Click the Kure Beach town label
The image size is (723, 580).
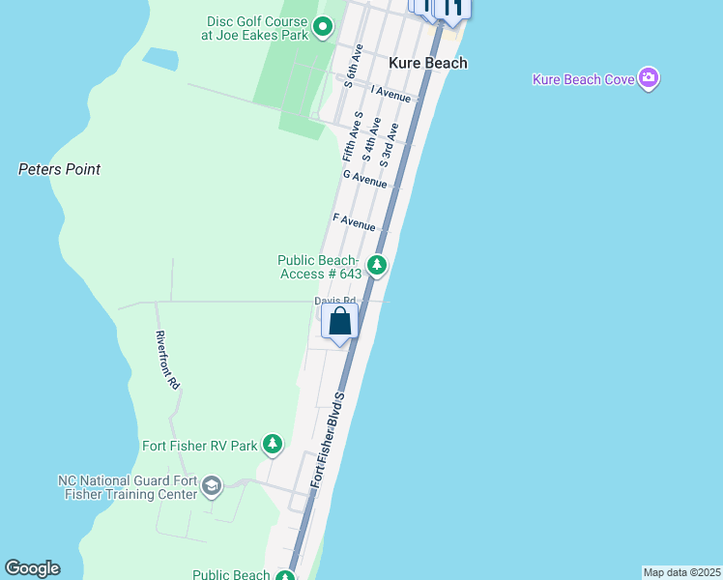(x=427, y=63)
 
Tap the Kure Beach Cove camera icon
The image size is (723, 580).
(x=650, y=78)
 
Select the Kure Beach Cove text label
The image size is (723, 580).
(x=584, y=79)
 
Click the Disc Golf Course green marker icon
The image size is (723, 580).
(x=325, y=27)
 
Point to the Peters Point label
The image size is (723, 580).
(x=59, y=169)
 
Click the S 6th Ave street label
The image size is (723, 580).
(x=354, y=65)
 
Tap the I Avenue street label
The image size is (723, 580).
(x=390, y=93)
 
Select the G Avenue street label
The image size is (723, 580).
(x=364, y=180)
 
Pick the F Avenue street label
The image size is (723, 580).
(x=354, y=223)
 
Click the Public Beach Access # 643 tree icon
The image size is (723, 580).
(x=377, y=265)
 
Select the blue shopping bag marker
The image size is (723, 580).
(x=340, y=322)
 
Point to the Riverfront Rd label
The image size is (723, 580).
(x=167, y=361)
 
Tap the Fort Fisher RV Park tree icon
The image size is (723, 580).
(x=275, y=444)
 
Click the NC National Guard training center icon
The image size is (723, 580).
(x=213, y=485)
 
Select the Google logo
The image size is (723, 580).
(x=32, y=568)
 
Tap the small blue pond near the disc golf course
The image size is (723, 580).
(x=160, y=60)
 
